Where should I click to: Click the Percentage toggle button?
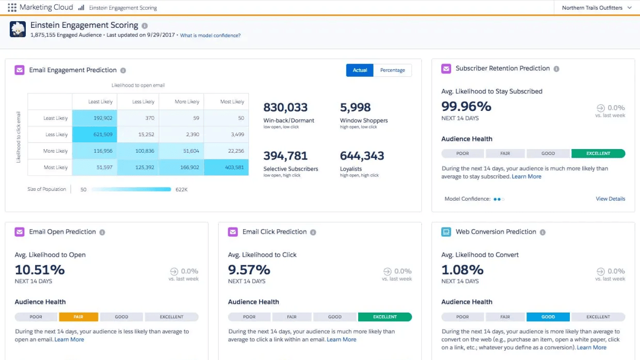click(x=392, y=70)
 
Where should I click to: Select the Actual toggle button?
click(x=360, y=70)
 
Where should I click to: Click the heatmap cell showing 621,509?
click(x=94, y=135)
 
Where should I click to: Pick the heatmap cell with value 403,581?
click(x=226, y=168)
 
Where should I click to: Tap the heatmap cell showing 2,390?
click(x=181, y=135)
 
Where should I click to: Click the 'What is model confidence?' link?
click(x=210, y=36)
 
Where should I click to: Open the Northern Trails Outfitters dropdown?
click(x=596, y=8)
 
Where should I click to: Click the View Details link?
click(x=610, y=199)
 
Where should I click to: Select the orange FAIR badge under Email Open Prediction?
click(x=78, y=317)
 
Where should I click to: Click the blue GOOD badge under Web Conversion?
click(x=548, y=317)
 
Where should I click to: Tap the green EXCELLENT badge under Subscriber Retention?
click(x=598, y=153)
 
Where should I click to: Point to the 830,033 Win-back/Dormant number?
click(x=285, y=107)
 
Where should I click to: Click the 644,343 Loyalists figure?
click(x=362, y=156)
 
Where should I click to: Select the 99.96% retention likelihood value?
click(x=466, y=106)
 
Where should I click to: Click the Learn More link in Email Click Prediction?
click(x=342, y=339)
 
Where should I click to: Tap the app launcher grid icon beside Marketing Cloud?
click(x=12, y=8)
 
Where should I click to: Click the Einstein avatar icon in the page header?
click(x=18, y=29)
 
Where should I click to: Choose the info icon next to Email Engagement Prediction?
click(x=123, y=71)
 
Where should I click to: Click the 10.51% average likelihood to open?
click(x=40, y=270)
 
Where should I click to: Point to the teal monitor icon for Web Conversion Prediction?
click(x=446, y=232)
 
